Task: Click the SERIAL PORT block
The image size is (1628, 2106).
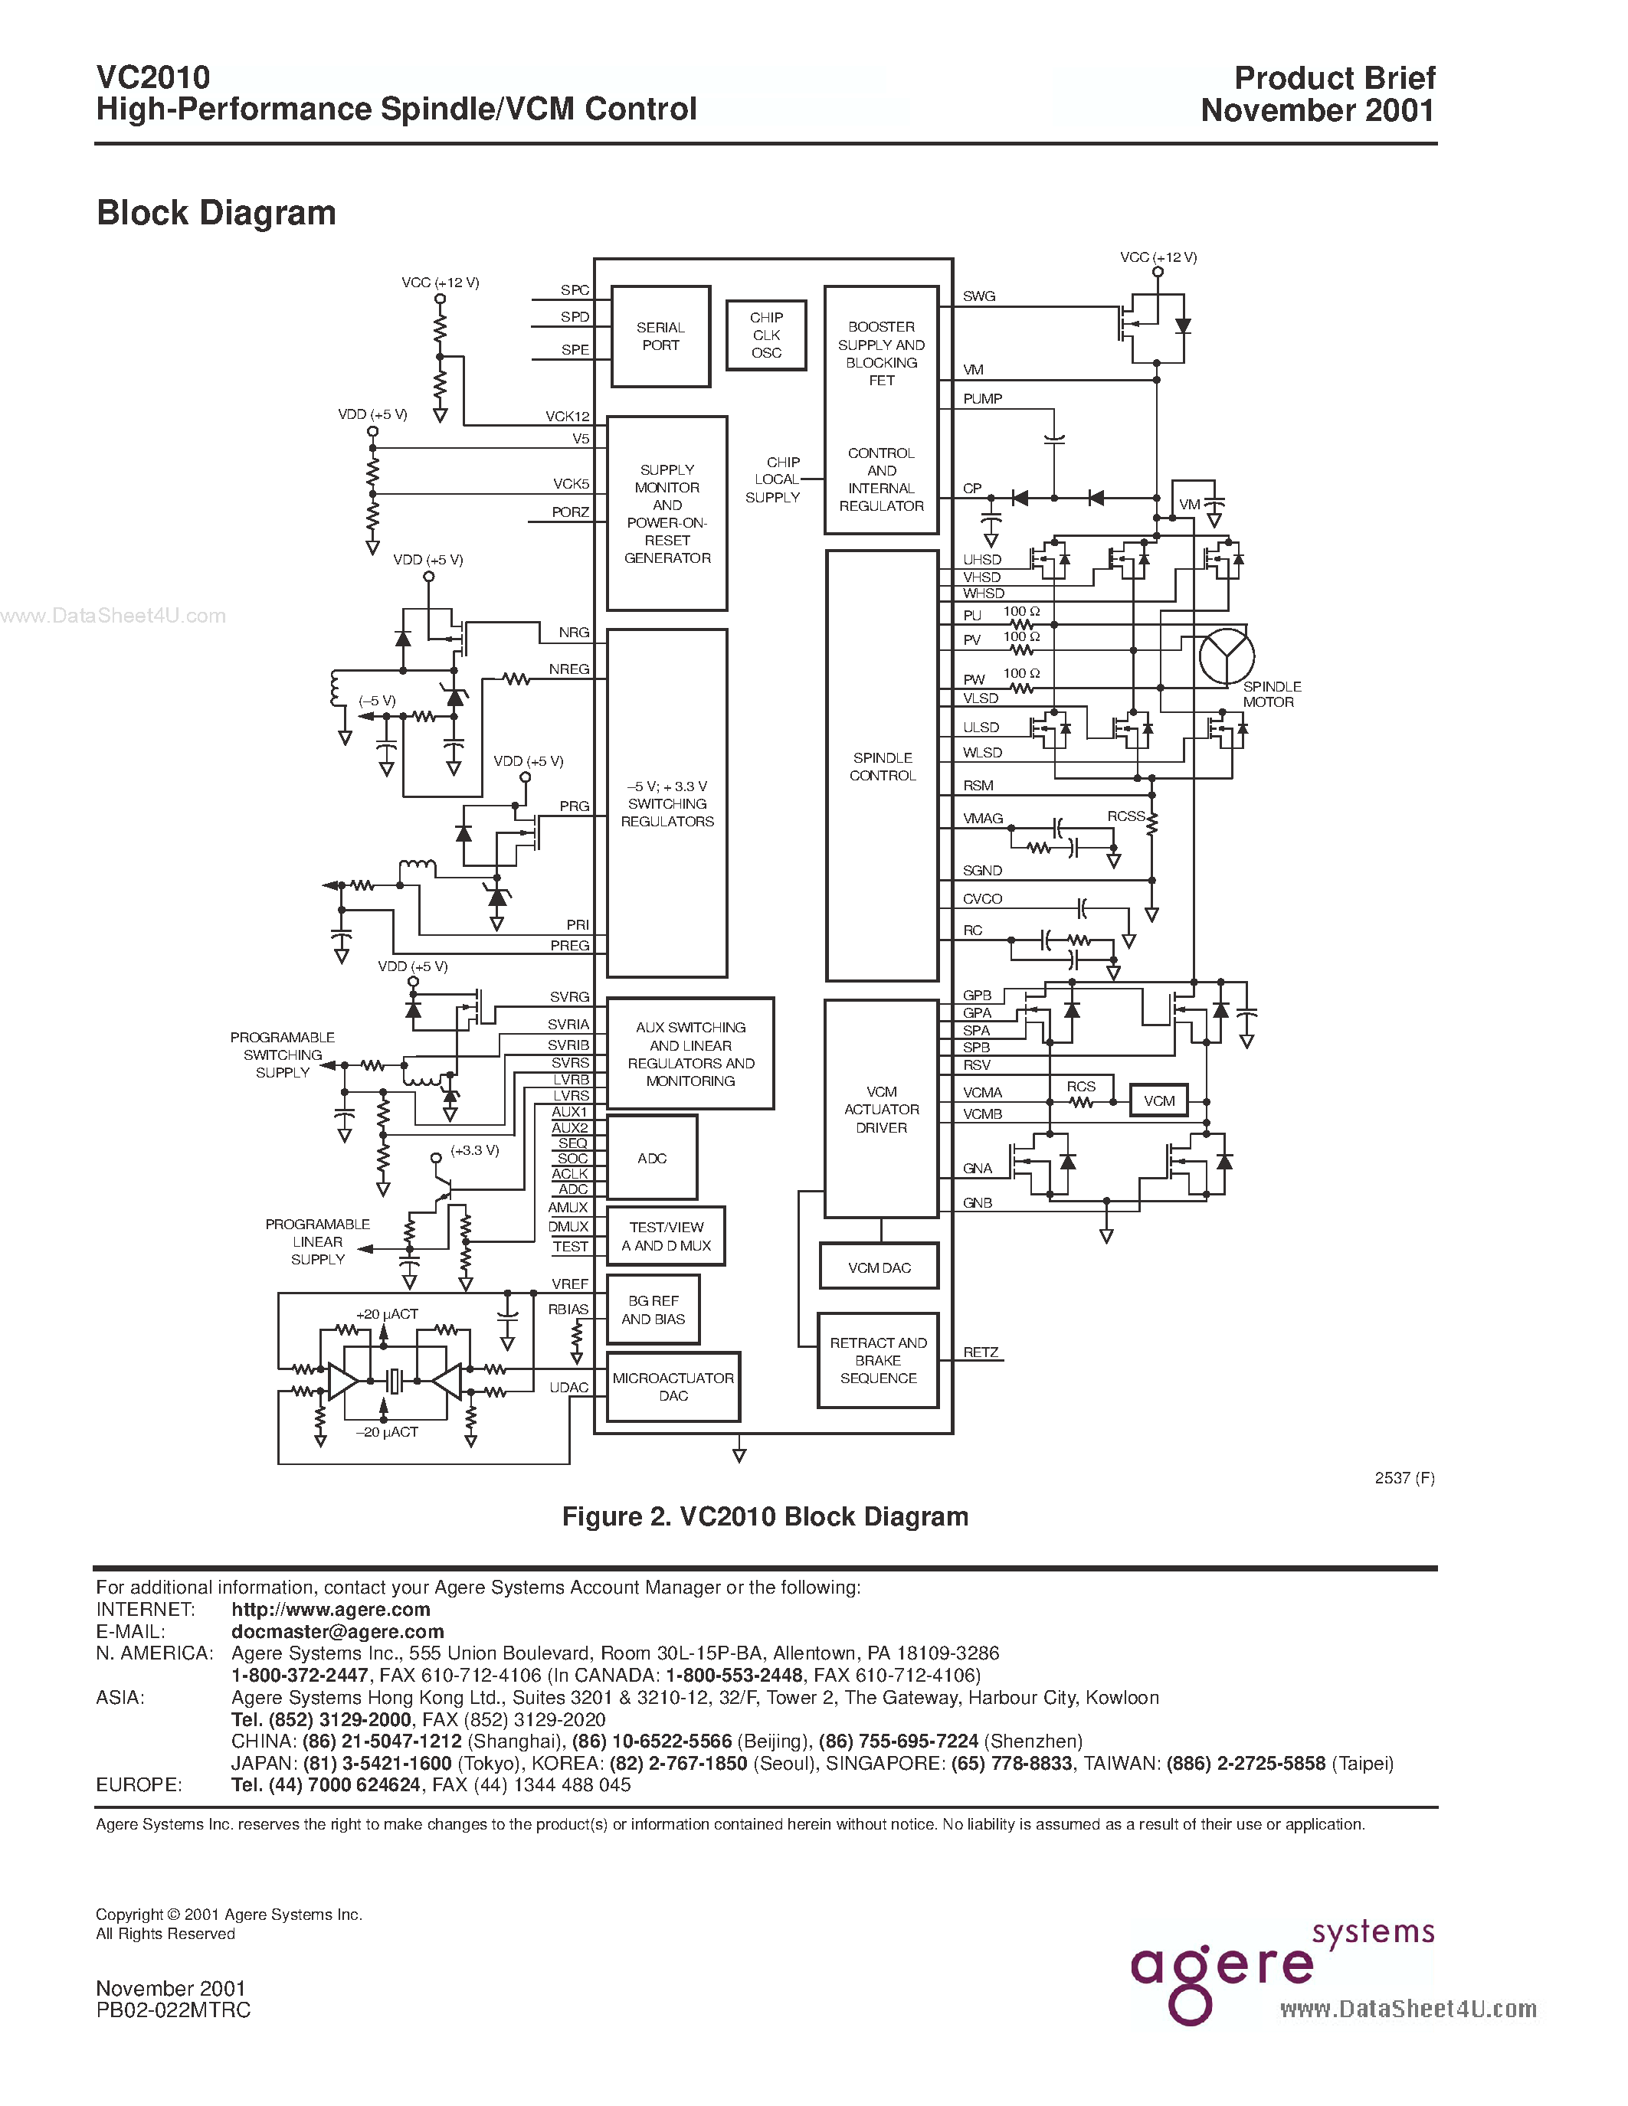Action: tap(660, 336)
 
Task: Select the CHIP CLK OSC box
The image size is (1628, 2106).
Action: tap(766, 335)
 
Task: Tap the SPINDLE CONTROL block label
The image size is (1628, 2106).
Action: tap(882, 767)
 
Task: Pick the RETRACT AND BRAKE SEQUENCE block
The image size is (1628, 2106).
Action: tap(878, 1359)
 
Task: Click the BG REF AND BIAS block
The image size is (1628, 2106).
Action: tap(653, 1310)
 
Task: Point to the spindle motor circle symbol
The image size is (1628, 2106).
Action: tap(1226, 656)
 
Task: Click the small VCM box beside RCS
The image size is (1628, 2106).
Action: tap(1158, 1100)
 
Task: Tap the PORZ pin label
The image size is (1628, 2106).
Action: tap(570, 512)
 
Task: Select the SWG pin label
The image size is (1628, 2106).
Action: tap(978, 296)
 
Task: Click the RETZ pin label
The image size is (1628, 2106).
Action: tap(980, 1352)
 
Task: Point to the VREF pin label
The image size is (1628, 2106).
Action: tap(570, 1284)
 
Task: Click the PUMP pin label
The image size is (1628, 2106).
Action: tap(982, 398)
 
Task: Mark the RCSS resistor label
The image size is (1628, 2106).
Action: tap(1125, 816)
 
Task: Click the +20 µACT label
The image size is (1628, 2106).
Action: tap(387, 1313)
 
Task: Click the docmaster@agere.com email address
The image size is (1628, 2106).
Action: tap(338, 1631)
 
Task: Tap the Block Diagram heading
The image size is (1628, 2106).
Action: tap(216, 212)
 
